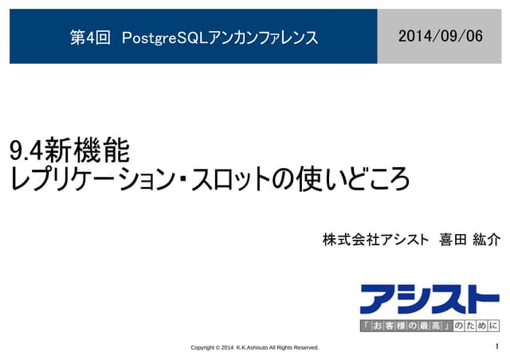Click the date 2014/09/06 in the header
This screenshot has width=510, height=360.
440,36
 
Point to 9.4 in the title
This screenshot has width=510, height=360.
25,150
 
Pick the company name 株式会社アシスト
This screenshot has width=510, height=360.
375,240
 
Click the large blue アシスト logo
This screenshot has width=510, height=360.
430,298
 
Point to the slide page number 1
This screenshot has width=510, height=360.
496,347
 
